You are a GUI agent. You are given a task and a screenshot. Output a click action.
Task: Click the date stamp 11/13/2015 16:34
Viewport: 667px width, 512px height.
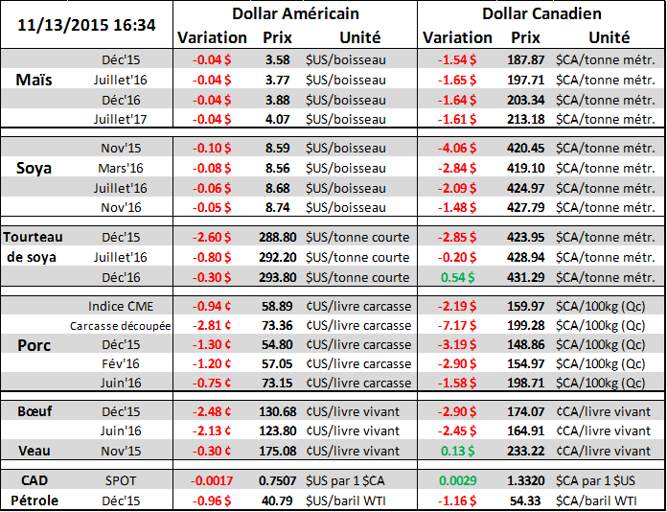click(x=85, y=21)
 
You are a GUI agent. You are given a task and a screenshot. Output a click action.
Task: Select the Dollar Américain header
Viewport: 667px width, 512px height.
click(x=295, y=13)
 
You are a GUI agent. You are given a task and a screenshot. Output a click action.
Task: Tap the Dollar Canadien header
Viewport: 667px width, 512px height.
click(x=540, y=13)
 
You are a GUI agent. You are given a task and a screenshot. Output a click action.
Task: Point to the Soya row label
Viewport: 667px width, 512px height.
click(x=34, y=169)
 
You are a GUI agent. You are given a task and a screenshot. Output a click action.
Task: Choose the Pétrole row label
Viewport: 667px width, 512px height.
click(x=36, y=500)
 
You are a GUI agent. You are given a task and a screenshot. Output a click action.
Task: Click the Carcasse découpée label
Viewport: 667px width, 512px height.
click(x=120, y=325)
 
